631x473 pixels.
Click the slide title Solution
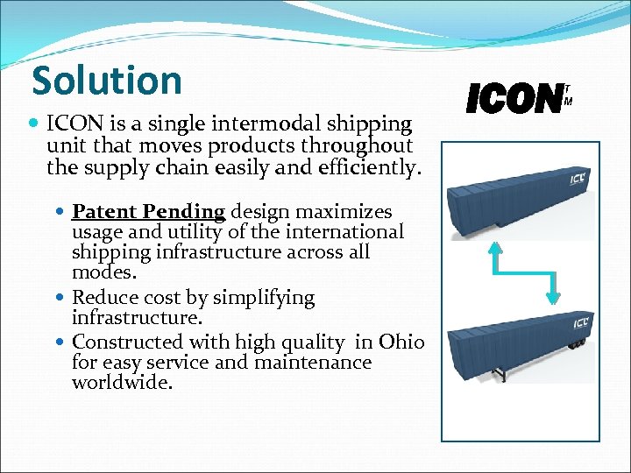coord(106,81)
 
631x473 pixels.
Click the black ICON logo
coord(514,99)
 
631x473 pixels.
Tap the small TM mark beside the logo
coord(568,95)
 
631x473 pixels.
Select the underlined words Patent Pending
coord(149,211)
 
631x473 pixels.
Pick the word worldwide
coord(121,383)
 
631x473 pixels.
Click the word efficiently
coord(358,166)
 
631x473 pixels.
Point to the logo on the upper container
coord(578,180)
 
